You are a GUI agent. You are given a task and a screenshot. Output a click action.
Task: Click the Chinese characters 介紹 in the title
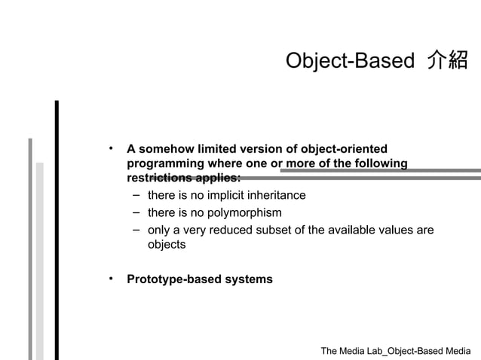point(447,61)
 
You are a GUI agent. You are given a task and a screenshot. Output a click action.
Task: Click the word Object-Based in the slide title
point(351,61)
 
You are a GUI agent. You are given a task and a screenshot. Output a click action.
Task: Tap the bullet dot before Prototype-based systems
point(110,279)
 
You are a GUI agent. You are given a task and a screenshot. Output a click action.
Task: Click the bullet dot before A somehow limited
point(110,148)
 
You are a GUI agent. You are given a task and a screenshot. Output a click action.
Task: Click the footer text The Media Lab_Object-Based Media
point(395,351)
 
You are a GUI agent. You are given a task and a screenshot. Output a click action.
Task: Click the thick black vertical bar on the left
point(57,226)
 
